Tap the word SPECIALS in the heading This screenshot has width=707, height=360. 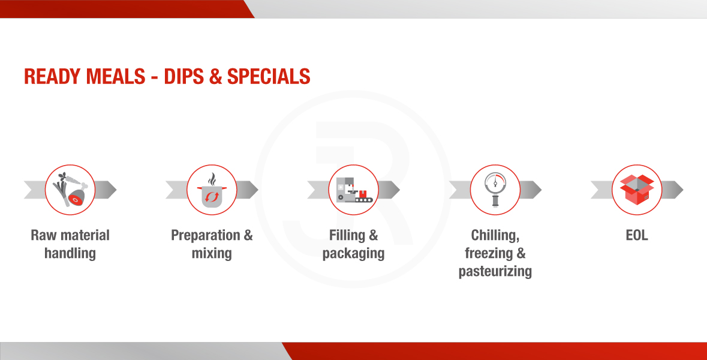(269, 76)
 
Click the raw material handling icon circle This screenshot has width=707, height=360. (70, 190)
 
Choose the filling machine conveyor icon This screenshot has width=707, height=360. (354, 190)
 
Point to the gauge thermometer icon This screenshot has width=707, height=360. (495, 190)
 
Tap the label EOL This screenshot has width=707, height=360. (637, 235)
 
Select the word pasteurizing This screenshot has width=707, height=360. (495, 272)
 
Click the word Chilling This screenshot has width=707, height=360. (495, 235)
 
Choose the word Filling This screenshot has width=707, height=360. (347, 235)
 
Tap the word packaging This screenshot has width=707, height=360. (354, 254)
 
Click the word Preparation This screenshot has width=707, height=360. (206, 235)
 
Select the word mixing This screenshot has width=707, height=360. (212, 254)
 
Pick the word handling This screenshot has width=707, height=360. (70, 253)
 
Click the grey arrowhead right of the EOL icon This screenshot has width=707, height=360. (673, 190)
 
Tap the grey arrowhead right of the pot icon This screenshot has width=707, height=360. (248, 190)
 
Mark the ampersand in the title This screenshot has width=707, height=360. (215, 76)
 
